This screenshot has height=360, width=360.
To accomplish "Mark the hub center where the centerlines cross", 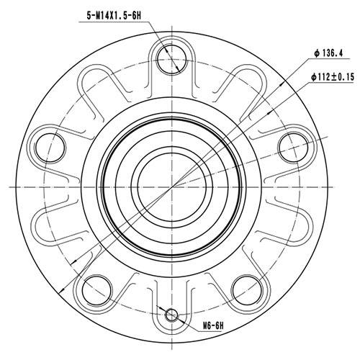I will tap(173, 185).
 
